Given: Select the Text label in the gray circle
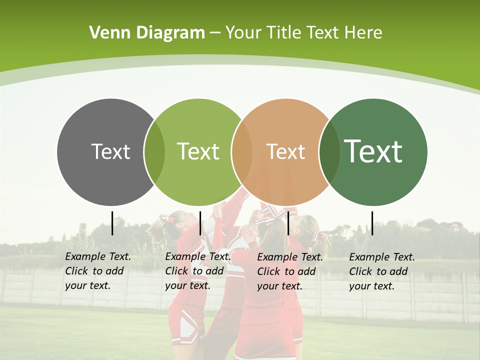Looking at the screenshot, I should (x=110, y=151).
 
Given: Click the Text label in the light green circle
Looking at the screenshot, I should (x=198, y=151).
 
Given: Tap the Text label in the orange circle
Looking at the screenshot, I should (x=285, y=151).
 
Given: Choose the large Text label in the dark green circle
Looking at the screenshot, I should (x=373, y=151).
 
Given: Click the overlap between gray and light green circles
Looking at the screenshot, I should (x=154, y=151).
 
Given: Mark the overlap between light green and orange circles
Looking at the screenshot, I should (x=242, y=151).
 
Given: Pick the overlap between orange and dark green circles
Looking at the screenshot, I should (x=329, y=151).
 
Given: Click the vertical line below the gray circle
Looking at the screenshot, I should (x=112, y=223).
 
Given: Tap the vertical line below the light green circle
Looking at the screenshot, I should (x=200, y=223).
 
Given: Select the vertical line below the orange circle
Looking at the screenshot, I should (x=288, y=223).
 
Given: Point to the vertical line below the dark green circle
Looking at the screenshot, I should (x=372, y=223).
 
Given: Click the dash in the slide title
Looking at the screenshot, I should (x=215, y=33).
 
